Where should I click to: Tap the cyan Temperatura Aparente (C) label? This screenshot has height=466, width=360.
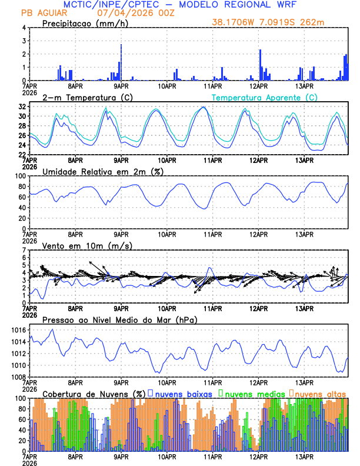click(x=265, y=97)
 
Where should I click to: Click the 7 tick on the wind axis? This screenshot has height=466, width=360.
click(x=24, y=250)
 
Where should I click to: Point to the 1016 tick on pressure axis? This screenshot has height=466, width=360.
click(x=18, y=330)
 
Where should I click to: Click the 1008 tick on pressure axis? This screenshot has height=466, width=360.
click(x=18, y=377)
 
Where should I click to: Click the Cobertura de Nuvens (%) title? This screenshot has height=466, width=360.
click(x=94, y=393)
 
